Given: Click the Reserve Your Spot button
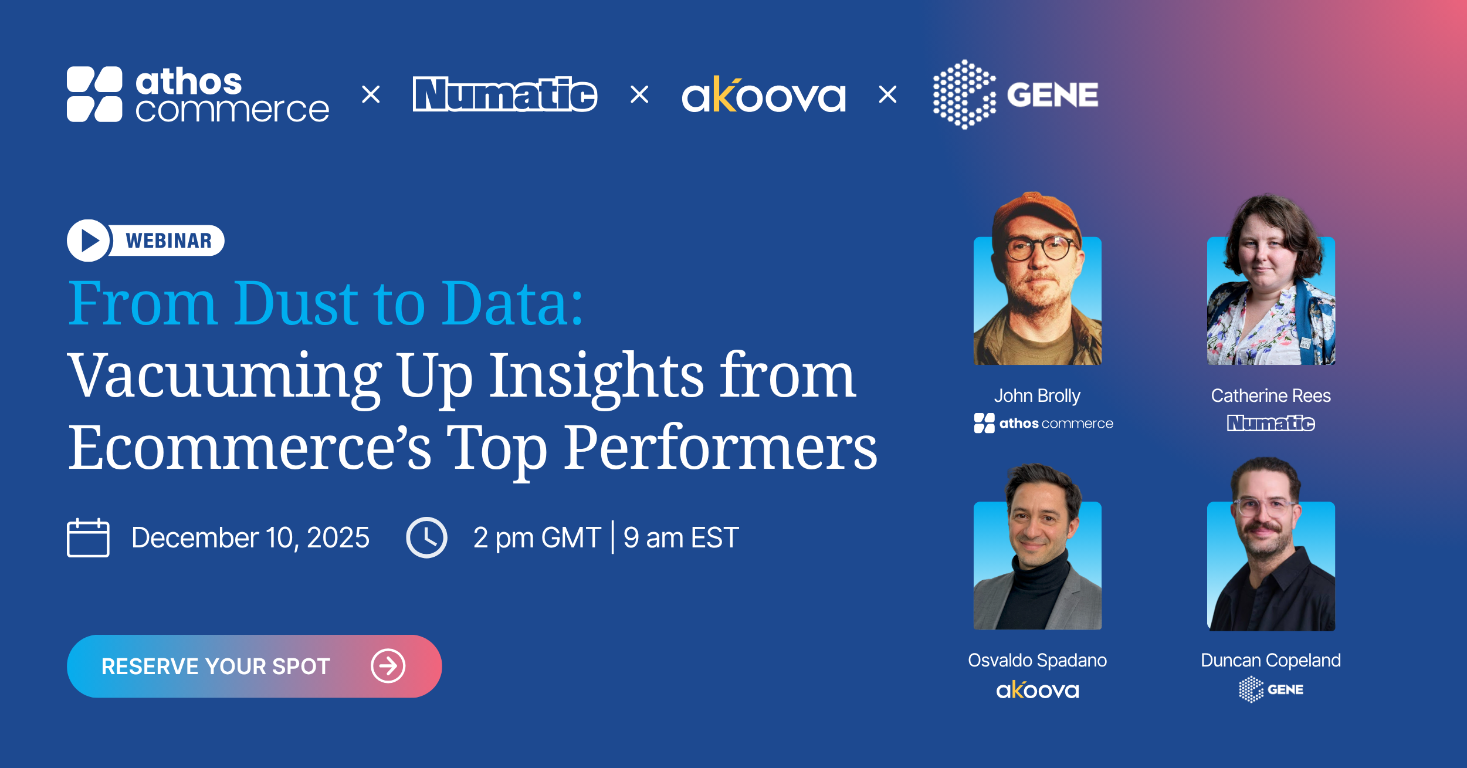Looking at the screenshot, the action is point(254,666).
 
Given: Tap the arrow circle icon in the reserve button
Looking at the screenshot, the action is point(388,666).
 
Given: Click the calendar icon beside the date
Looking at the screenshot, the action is point(88,537).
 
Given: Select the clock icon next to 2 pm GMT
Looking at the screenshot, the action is point(426,537).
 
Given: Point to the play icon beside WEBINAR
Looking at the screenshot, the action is point(88,241).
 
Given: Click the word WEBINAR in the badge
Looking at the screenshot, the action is point(168,241).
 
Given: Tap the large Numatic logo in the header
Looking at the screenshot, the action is point(505,94).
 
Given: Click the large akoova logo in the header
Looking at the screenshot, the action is point(764,94).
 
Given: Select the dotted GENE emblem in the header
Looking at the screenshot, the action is point(964,94).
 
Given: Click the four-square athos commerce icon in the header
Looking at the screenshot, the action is point(94,94).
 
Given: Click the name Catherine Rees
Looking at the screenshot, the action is point(1271,395).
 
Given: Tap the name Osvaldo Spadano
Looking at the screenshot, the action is point(1037,660).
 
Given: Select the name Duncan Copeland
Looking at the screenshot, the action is point(1271,660).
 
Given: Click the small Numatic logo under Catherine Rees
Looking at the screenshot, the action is point(1271,423).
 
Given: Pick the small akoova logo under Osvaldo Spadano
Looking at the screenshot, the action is point(1037,689).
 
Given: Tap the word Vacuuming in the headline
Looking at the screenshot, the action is point(225,377).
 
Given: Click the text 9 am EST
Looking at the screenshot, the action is point(681,537).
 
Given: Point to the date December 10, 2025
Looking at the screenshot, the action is point(250,537).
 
